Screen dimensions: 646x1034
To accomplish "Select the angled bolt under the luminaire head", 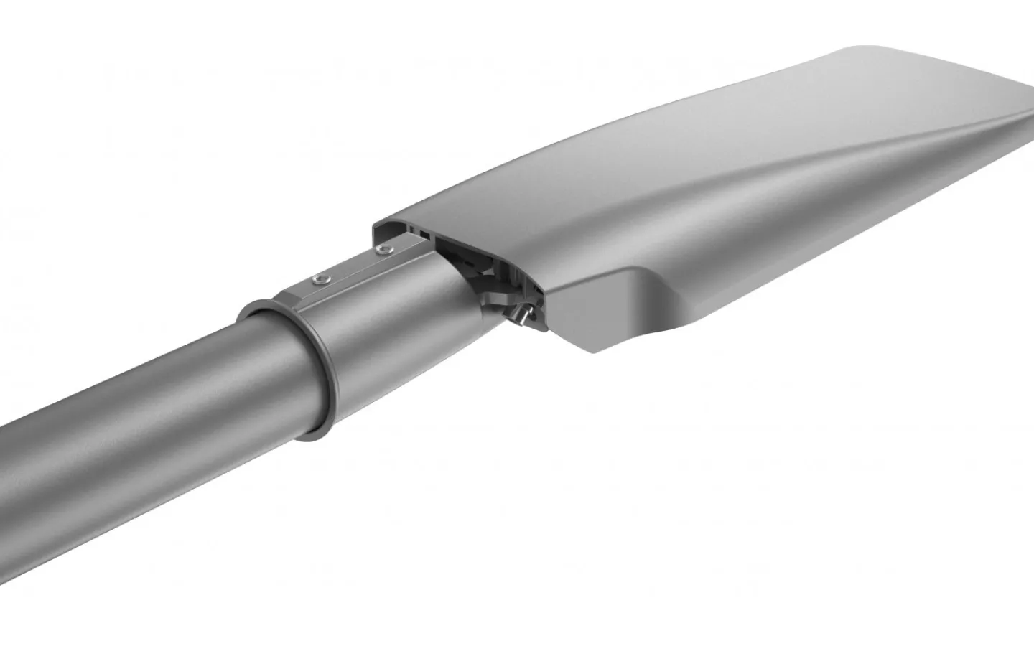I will [x=522, y=313].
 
